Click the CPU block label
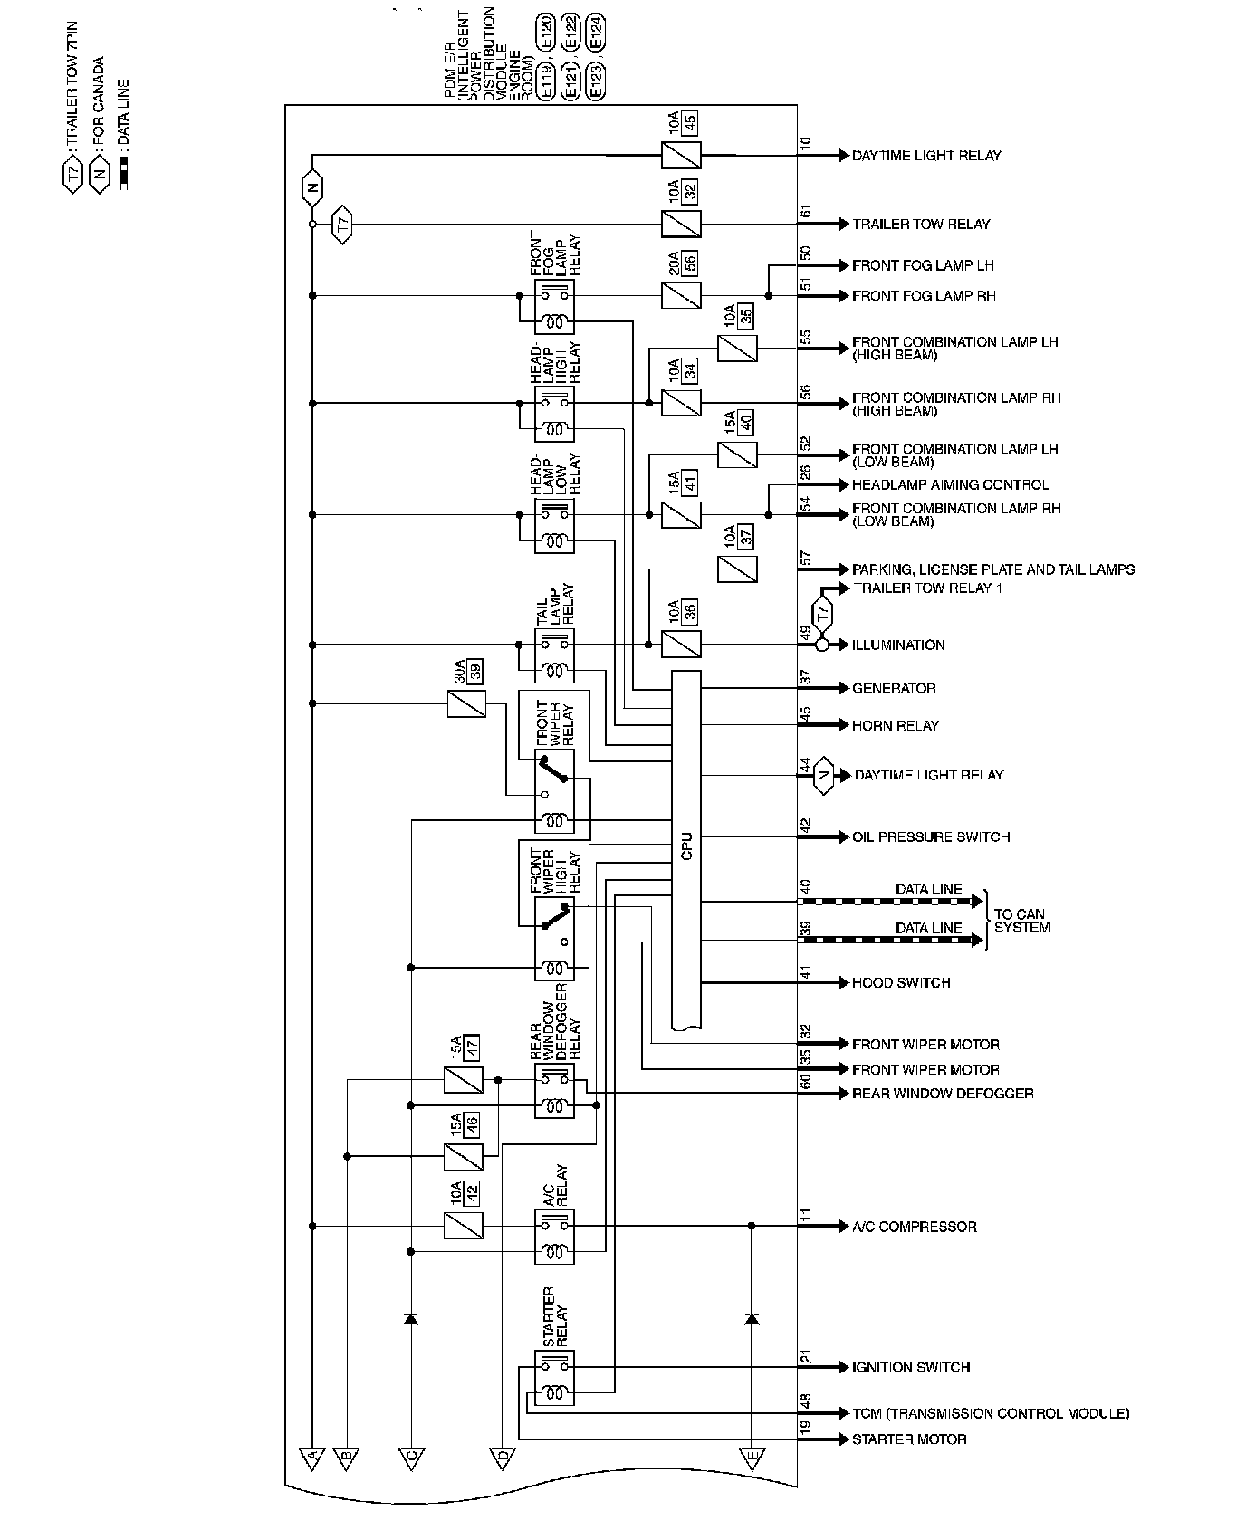point(685,847)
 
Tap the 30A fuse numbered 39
point(466,703)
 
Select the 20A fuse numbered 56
point(681,295)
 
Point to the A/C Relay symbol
point(554,1238)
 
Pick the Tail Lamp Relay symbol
point(554,656)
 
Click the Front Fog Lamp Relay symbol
point(554,307)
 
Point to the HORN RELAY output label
point(895,725)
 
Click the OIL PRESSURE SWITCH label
point(930,836)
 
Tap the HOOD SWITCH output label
point(900,982)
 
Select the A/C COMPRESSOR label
point(914,1227)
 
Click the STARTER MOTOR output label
point(908,1439)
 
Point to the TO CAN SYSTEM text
point(1021,921)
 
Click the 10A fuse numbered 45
point(681,155)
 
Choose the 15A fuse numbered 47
point(464,1080)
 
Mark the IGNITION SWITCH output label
point(910,1367)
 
